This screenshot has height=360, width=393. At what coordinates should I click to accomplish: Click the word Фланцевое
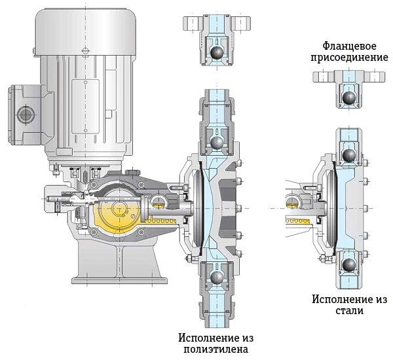349,46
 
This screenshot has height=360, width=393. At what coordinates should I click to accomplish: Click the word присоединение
349,58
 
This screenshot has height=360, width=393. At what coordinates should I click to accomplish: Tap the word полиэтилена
215,349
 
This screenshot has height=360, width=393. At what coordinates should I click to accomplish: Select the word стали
349,311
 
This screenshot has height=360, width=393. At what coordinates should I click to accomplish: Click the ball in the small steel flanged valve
349,98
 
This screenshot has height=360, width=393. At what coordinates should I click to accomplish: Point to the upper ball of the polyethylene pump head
217,143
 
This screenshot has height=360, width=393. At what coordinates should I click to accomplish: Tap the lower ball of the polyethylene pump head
217,277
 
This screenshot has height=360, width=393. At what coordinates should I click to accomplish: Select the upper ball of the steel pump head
349,155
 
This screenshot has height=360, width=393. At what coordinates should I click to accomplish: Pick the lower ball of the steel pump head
349,265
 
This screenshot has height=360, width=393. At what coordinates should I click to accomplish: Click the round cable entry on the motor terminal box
25,115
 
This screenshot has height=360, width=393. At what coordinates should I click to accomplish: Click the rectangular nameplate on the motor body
85,107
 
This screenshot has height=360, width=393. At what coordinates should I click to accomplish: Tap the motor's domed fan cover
85,31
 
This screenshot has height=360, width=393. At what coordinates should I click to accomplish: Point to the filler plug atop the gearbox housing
133,172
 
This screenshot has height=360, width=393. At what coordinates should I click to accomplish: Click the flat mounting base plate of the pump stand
120,280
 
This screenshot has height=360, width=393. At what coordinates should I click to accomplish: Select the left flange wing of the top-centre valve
191,24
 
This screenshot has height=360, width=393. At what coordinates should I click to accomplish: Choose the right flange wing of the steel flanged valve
375,77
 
